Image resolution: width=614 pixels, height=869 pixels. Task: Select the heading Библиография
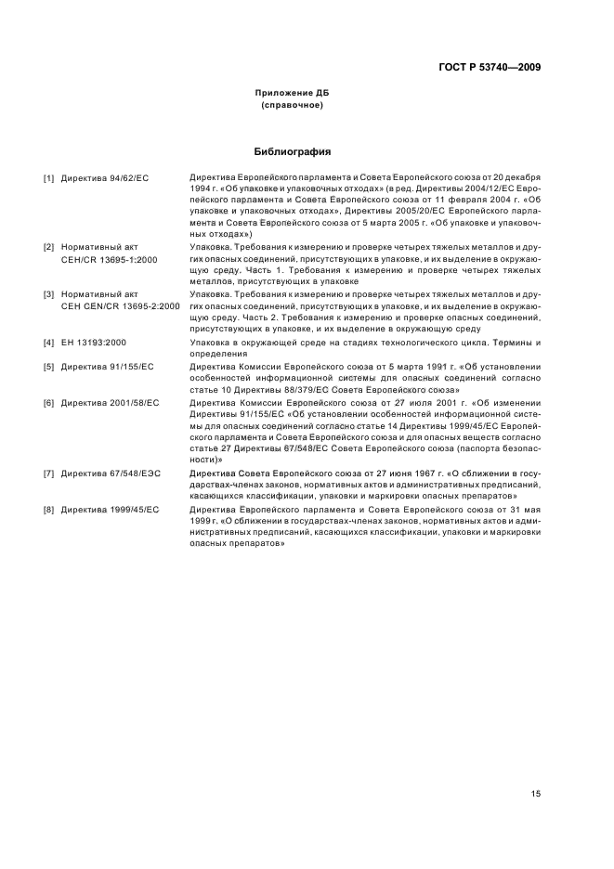[x=292, y=151]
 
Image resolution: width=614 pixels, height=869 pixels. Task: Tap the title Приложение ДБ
[x=292, y=94]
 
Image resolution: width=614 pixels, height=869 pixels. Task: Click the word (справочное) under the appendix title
[x=292, y=106]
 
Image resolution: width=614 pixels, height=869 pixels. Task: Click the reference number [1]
[x=48, y=176]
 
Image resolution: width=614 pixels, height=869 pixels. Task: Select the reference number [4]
[x=48, y=343]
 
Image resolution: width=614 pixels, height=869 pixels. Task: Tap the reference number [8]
[x=48, y=510]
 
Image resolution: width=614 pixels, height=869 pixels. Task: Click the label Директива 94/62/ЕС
[x=105, y=176]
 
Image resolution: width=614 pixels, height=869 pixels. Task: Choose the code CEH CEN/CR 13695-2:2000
[x=120, y=305]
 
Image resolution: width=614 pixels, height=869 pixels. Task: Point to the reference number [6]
[x=48, y=403]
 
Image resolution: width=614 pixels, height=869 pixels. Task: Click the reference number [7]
[x=48, y=473]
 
